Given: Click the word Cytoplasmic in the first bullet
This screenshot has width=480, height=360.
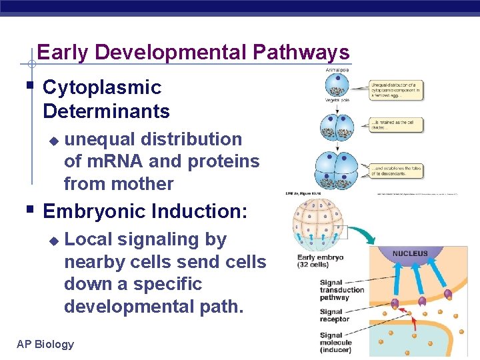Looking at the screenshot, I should pyautogui.click(x=102, y=87).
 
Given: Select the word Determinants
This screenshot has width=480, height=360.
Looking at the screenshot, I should pyautogui.click(x=106, y=110).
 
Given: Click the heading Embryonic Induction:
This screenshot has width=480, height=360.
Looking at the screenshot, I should pyautogui.click(x=145, y=211).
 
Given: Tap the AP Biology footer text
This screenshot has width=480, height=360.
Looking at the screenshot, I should pyautogui.click(x=45, y=344).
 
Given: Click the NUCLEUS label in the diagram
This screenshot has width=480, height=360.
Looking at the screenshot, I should pyautogui.click(x=410, y=254).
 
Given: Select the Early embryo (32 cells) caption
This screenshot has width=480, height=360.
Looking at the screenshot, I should pyautogui.click(x=320, y=261).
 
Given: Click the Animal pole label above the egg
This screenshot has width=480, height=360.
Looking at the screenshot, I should pyautogui.click(x=338, y=69).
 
